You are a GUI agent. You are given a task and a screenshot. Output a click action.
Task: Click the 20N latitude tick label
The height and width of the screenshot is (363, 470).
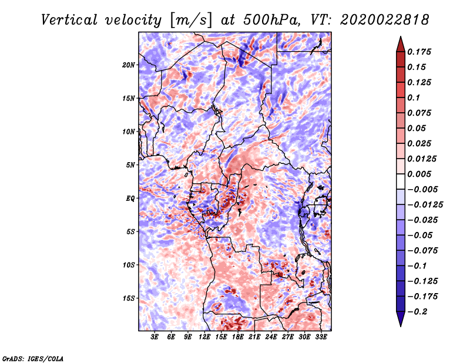point(129,65)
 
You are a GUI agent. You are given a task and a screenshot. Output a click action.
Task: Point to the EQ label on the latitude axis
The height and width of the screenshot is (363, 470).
point(130,199)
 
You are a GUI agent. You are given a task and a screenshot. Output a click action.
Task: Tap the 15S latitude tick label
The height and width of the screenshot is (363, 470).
point(129,298)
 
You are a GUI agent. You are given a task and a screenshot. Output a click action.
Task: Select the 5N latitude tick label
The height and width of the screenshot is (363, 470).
point(130,165)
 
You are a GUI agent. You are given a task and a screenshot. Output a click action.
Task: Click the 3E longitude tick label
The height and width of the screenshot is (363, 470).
point(155,337)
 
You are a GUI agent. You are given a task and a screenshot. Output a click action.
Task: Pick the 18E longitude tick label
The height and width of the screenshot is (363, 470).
point(238,337)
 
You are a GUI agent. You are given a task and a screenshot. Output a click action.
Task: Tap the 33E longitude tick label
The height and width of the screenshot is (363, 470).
point(321,337)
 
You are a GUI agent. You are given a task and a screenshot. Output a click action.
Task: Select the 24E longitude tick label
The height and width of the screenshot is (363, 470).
point(271,337)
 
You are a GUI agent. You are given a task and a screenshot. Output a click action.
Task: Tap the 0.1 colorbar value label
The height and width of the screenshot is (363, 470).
point(414,98)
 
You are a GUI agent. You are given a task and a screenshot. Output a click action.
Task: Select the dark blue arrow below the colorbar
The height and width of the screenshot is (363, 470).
point(399,320)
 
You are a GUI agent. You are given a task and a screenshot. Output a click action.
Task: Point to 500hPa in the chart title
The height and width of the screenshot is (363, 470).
point(266,20)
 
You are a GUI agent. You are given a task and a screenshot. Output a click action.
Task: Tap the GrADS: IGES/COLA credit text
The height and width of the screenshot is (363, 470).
point(32,357)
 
